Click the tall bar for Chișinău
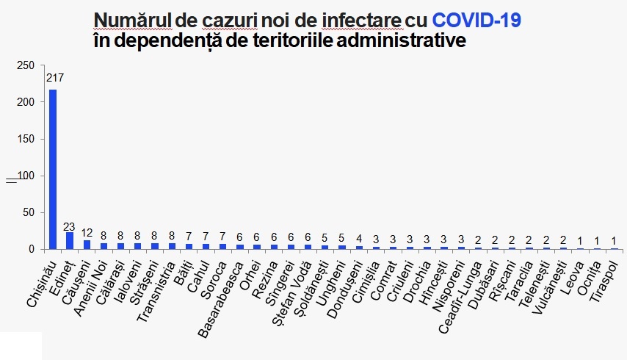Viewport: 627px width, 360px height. pyautogui.click(x=53, y=169)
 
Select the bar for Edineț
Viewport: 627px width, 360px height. pyautogui.click(x=70, y=241)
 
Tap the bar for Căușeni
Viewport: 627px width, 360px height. pyautogui.click(x=87, y=245)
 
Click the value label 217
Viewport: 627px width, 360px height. pyautogui.click(x=54, y=77)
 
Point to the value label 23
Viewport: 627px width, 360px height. pyautogui.click(x=70, y=227)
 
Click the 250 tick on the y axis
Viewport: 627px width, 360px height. pyautogui.click(x=26, y=66)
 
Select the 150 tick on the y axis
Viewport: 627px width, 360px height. pyautogui.click(x=26, y=140)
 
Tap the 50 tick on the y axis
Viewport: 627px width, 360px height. pyautogui.click(x=28, y=213)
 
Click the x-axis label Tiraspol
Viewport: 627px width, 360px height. pyautogui.click(x=604, y=276)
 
